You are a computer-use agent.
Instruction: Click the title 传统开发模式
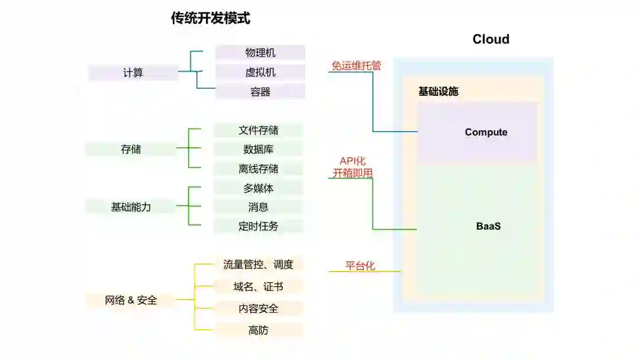point(211,18)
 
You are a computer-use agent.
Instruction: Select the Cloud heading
point(490,39)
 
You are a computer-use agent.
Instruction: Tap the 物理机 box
point(260,53)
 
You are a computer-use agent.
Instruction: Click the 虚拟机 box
point(260,72)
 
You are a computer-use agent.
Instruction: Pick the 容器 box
point(260,92)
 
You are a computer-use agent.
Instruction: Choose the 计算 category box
point(133,73)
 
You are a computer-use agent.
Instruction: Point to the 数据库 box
point(259,149)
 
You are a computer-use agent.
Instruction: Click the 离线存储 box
point(259,169)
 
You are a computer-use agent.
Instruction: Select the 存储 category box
point(131,149)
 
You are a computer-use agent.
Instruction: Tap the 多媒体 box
point(259,188)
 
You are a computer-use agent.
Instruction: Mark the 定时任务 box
point(259,226)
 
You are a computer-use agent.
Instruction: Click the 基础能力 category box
point(131,207)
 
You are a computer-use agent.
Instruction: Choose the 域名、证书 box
point(259,287)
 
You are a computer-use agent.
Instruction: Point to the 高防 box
point(259,330)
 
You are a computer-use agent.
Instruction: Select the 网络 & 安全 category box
point(131,300)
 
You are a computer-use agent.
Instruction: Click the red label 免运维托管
point(356,66)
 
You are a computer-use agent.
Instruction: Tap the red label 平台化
point(360,265)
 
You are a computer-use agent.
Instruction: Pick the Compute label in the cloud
point(486,132)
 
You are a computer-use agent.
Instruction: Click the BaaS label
point(489,226)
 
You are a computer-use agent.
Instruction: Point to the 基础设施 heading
point(438,91)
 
